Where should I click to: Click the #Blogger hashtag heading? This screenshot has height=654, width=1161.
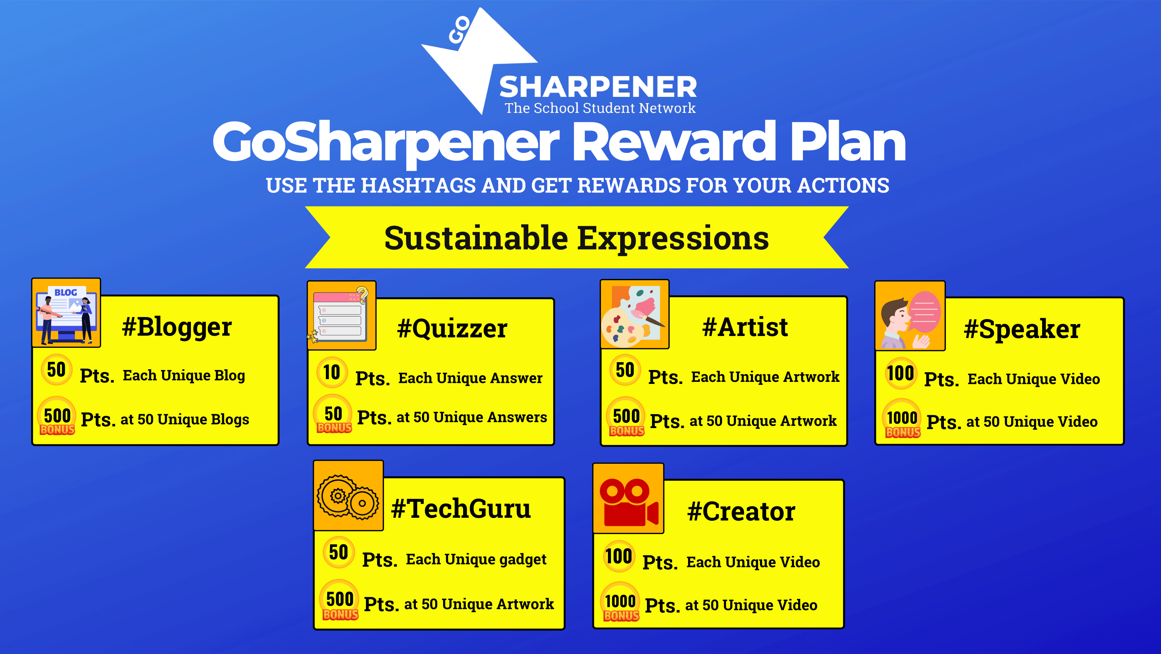point(177,327)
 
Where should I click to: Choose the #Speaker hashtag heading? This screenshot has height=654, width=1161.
point(1022,330)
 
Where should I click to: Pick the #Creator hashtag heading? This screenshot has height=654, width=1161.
point(741,512)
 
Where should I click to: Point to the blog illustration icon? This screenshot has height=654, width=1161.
point(66,313)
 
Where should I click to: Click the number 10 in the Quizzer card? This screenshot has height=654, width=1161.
point(332,372)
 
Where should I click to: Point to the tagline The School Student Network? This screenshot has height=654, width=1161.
point(600,108)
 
